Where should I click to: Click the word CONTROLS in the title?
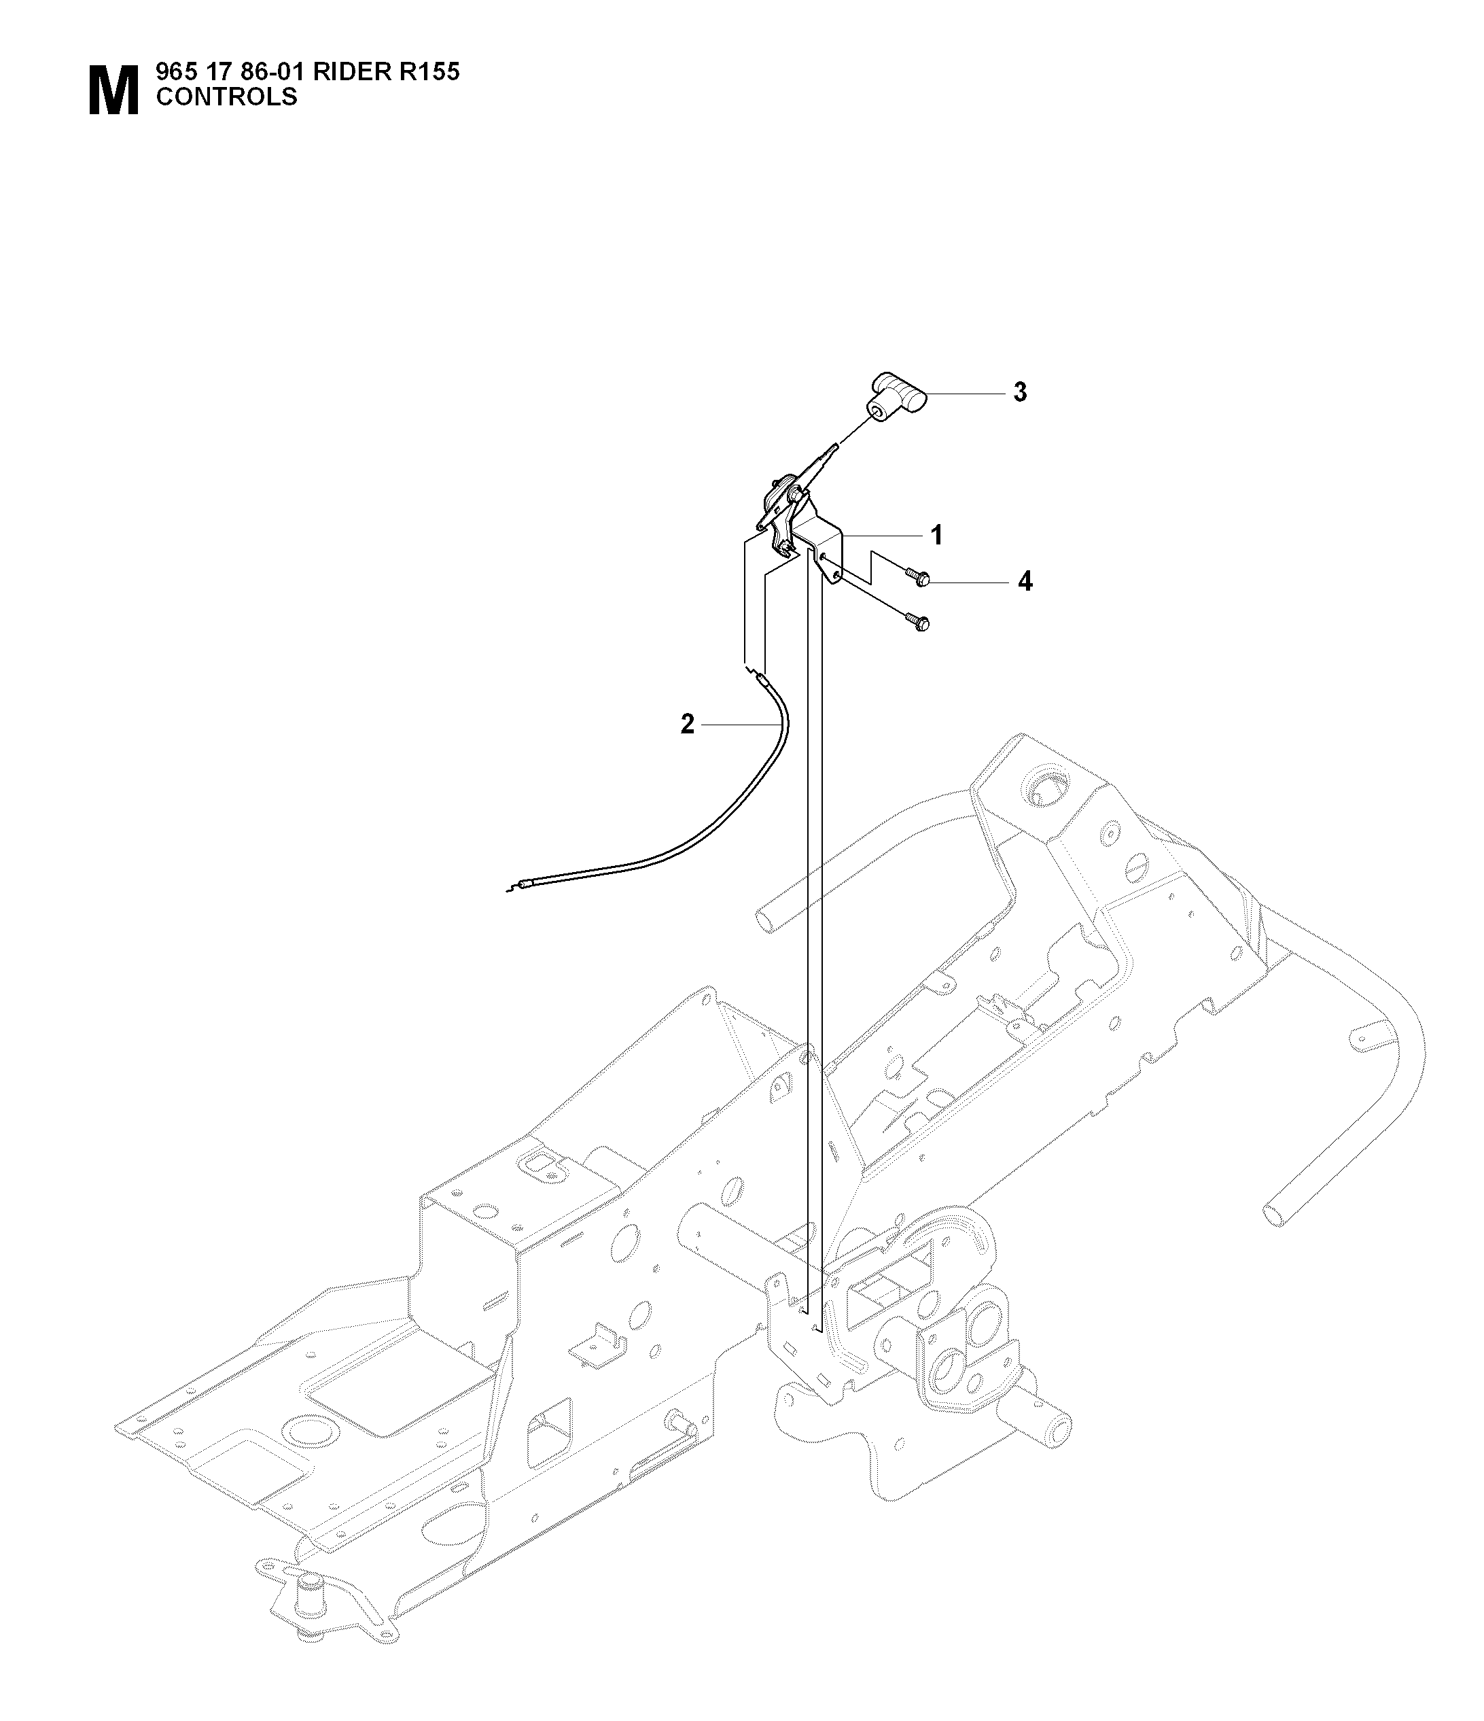point(227,97)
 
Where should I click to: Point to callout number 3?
point(1020,392)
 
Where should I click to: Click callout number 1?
point(937,536)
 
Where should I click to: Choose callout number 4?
point(1025,583)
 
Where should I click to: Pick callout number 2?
point(687,725)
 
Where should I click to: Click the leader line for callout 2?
point(741,725)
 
